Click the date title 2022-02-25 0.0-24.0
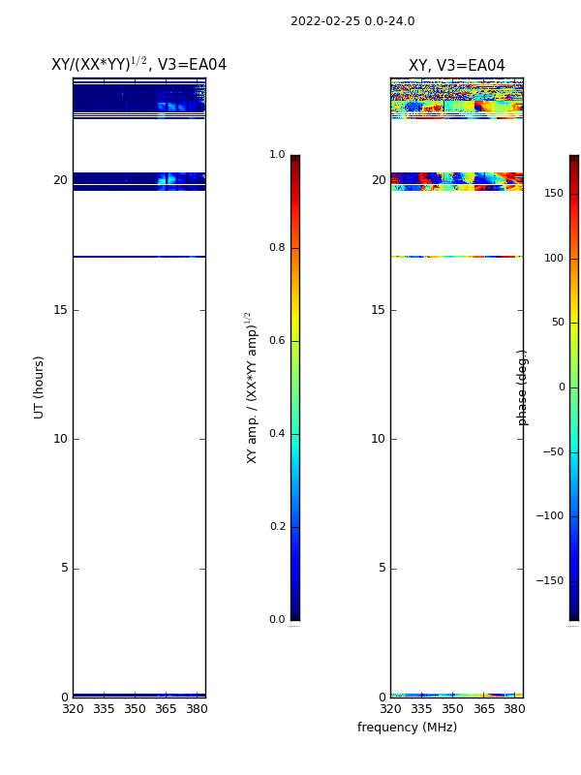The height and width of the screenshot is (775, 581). (352, 21)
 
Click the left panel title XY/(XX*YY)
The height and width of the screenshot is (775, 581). (99, 64)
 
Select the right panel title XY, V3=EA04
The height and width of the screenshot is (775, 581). (456, 65)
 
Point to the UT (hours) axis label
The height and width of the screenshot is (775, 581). (39, 387)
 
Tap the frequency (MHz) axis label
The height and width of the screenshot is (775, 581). (407, 728)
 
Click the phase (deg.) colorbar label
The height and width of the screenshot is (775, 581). (522, 387)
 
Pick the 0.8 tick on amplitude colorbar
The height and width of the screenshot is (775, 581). (277, 248)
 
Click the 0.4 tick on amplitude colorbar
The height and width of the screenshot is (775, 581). (277, 433)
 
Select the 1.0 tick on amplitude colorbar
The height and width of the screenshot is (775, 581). (277, 155)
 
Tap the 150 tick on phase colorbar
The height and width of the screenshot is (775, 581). (554, 193)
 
